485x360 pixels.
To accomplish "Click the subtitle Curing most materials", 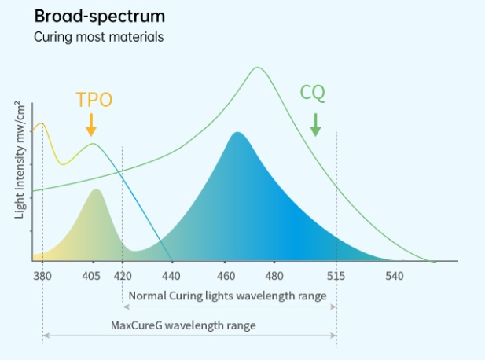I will click(99, 37).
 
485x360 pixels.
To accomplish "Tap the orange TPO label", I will click(94, 100).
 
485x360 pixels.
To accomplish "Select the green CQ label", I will click(313, 93).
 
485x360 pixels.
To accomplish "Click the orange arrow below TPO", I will click(91, 124).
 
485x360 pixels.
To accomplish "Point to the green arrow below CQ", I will click(315, 124).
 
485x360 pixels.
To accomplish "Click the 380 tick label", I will click(42, 276).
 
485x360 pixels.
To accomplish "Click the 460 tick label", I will click(226, 276).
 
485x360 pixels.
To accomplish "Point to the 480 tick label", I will click(274, 276).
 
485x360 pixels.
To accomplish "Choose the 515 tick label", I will click(336, 276).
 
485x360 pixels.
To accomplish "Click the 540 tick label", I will click(395, 276).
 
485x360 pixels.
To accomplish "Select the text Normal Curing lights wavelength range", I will click(226, 296).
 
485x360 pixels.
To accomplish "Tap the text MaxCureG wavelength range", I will click(183, 325).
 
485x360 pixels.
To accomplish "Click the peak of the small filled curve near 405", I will click(96, 189).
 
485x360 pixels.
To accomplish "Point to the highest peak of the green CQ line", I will click(257, 68).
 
